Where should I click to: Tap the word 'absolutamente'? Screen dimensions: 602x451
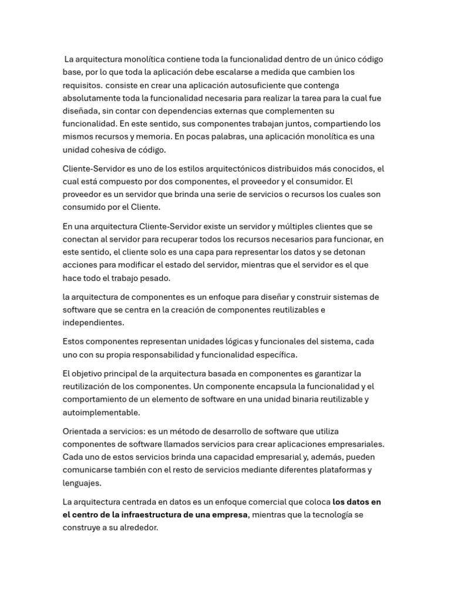89,98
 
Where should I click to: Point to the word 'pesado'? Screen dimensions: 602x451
153,278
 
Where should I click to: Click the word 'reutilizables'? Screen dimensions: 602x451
290,310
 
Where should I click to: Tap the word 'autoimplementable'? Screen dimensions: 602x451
100,412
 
